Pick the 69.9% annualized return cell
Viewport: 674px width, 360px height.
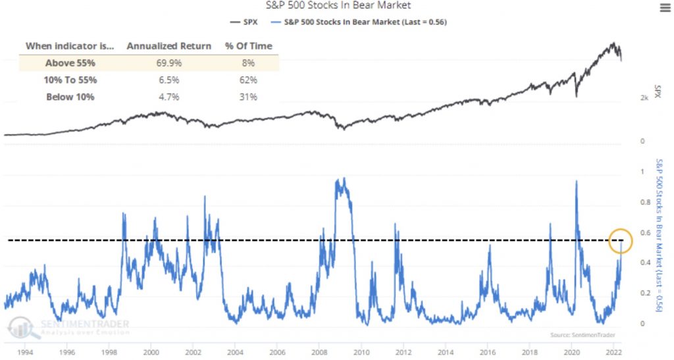[x=169, y=63]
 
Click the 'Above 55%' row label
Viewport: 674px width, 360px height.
[x=70, y=63]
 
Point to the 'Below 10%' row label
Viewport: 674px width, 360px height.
[x=70, y=97]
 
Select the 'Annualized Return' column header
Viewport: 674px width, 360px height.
[x=169, y=46]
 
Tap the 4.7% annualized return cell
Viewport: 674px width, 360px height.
[x=169, y=97]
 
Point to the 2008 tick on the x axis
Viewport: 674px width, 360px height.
[x=320, y=352]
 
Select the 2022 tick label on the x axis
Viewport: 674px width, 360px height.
[x=614, y=352]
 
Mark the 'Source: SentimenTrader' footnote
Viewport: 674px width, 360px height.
[x=580, y=336]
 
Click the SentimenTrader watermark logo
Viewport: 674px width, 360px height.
[x=69, y=326]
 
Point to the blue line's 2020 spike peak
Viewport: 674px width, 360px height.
[x=577, y=181]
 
